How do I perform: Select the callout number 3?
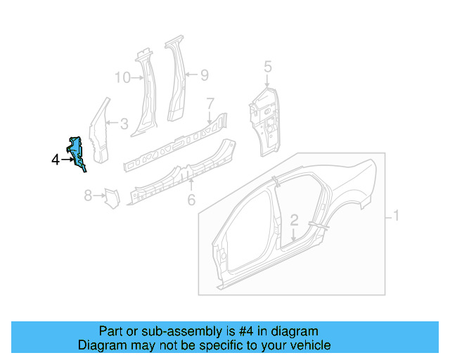point(124,124)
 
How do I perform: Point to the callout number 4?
point(56,160)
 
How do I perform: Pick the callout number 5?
point(267,67)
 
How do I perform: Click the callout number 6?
point(191,200)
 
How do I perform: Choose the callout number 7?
point(210,104)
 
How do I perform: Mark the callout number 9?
point(205,75)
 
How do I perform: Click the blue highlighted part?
point(78,150)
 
